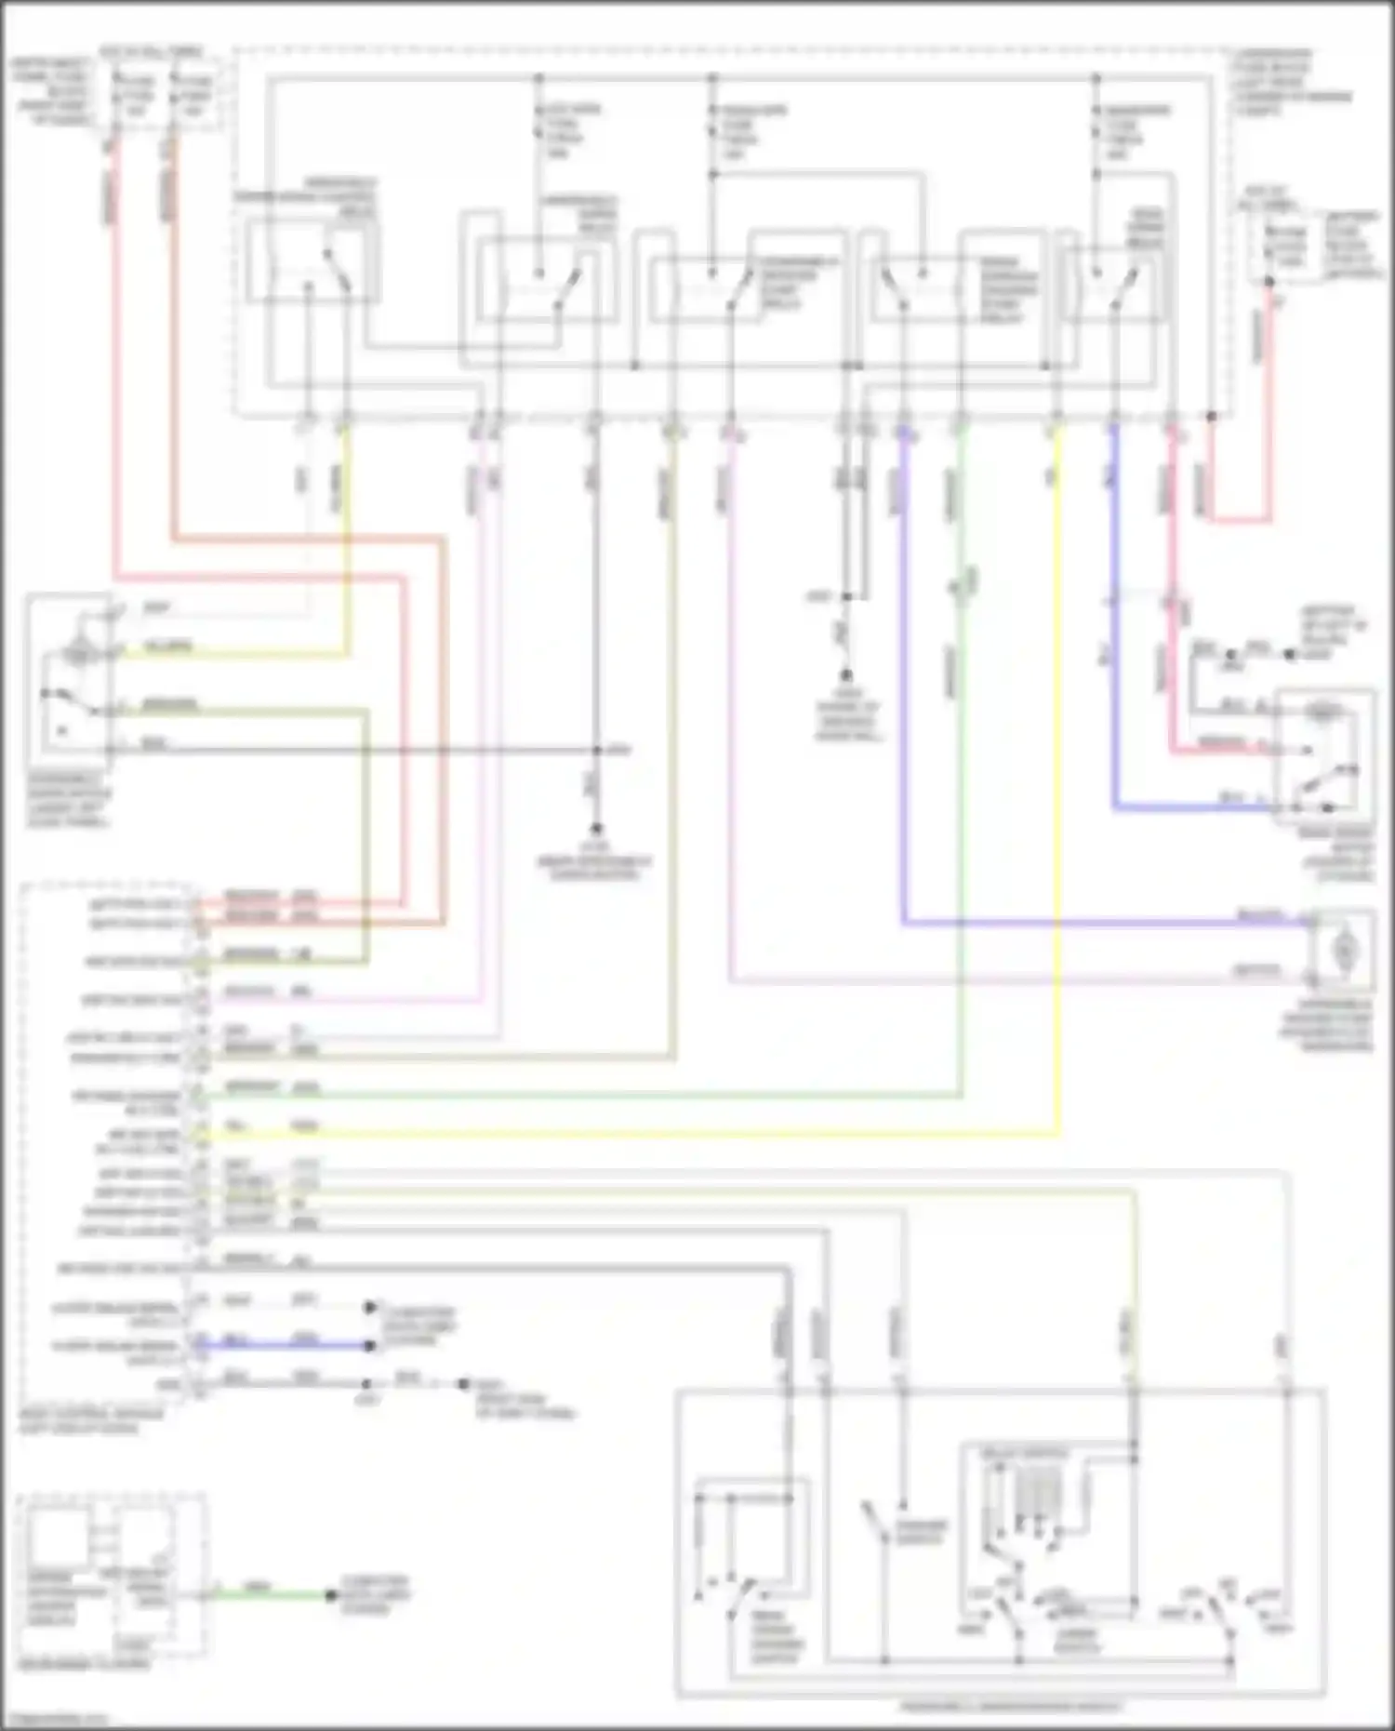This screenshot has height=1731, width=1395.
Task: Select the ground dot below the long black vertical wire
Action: tap(596, 828)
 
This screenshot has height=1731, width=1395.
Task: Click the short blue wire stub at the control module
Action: tap(284, 1345)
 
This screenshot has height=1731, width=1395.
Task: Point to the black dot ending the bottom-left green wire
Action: tap(331, 1595)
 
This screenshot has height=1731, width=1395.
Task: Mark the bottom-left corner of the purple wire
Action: tap(903, 923)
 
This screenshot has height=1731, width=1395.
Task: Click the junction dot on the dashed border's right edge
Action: tap(1211, 416)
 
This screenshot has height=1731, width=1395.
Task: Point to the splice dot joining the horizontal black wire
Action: tap(597, 750)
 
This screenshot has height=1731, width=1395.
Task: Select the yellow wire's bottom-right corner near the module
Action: tap(1057, 1134)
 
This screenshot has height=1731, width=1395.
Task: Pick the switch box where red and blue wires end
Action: tap(1324, 755)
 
